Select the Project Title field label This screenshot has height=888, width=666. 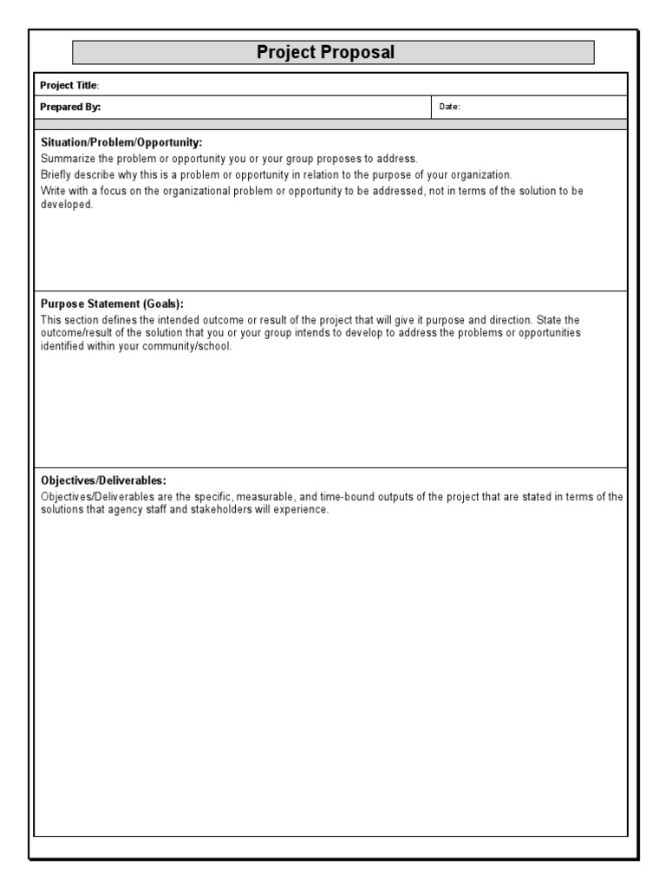tap(69, 85)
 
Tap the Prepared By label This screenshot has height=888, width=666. tap(70, 107)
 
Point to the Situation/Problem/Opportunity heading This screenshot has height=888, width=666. tap(121, 142)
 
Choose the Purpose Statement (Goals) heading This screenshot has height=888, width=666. tap(112, 304)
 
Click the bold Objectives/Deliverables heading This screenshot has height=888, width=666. tap(103, 480)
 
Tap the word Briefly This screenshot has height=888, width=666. tap(59, 174)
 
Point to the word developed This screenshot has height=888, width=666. tap(66, 206)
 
